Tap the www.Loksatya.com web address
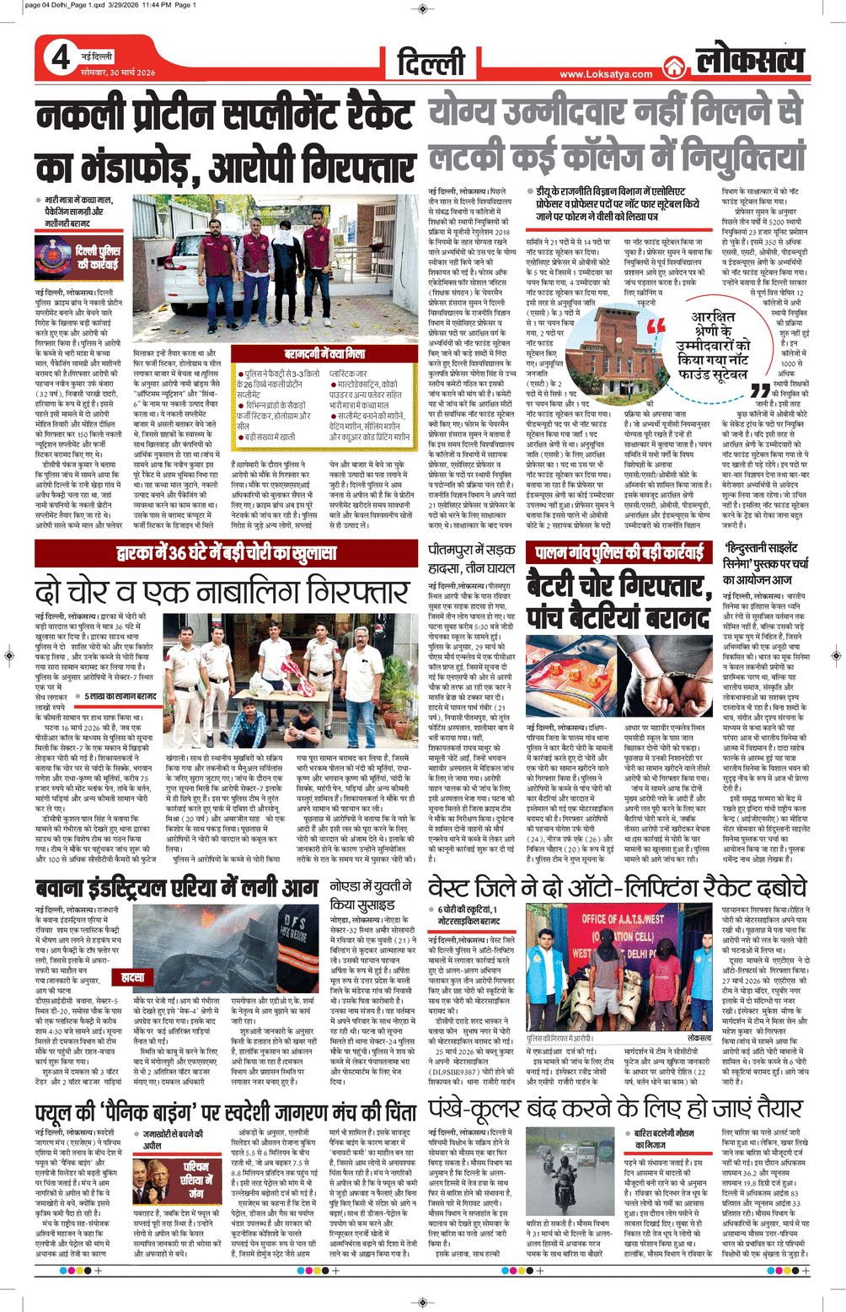[605, 74]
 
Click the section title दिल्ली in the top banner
[431, 62]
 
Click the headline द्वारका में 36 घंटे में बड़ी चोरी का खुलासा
[228, 553]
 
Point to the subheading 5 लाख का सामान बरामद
[120, 696]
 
